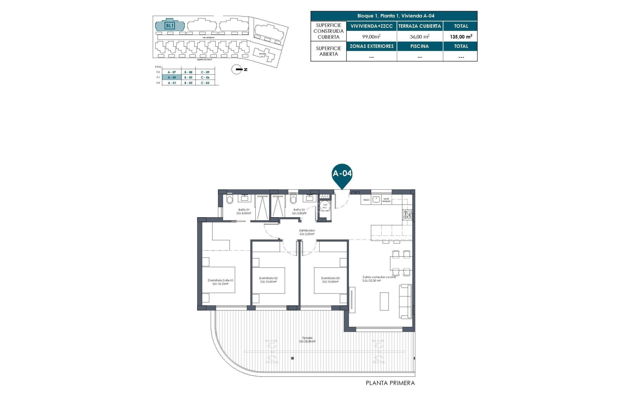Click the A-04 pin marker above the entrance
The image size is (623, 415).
coord(342,174)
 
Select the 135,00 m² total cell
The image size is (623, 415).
coord(460,37)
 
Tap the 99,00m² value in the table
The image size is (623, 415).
coord(371,37)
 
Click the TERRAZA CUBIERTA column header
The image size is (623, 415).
coord(420,26)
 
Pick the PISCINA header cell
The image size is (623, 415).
coord(420,46)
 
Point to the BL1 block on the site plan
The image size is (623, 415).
coord(170,26)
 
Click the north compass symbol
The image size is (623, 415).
coord(237,69)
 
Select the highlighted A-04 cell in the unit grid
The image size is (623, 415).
coord(172,77)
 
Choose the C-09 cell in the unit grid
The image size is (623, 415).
coord(205,72)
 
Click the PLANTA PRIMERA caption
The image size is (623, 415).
coord(390,383)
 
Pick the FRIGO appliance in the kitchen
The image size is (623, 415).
coord(366,200)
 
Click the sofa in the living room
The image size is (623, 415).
coord(405,301)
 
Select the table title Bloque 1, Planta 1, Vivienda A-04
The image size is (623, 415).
coord(396,16)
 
